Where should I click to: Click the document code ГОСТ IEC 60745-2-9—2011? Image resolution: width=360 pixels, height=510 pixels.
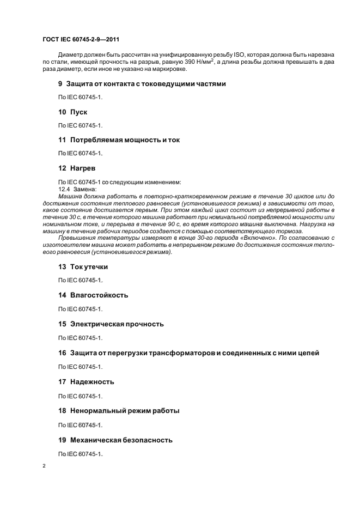(81, 39)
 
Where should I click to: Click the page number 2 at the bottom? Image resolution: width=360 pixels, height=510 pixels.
(45, 466)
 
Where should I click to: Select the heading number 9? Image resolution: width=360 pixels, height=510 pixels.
(60, 84)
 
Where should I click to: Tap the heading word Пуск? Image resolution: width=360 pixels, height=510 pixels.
(78, 112)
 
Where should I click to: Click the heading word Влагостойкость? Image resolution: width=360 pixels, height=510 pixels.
(99, 295)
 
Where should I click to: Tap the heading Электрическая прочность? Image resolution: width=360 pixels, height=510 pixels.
(117, 324)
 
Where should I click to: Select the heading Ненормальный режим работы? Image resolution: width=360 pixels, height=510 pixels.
(125, 411)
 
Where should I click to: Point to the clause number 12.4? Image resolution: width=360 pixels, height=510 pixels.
(64, 189)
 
